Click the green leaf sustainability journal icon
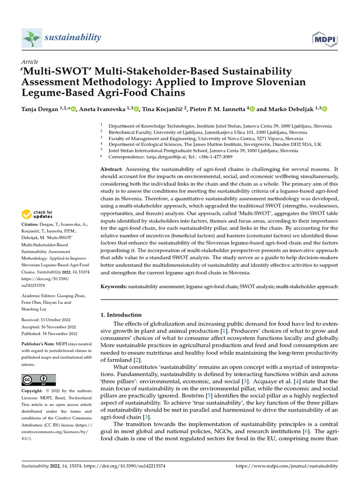(31, 37)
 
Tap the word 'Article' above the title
(30, 62)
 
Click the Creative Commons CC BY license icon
(39, 380)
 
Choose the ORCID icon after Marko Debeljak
(324, 109)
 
